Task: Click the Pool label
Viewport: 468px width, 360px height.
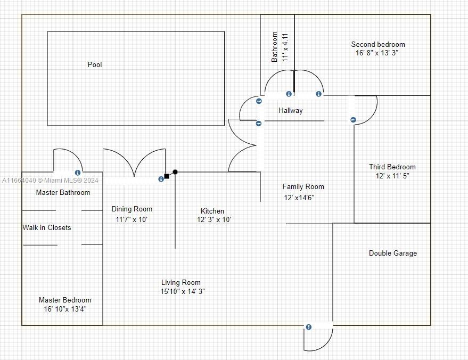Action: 95,64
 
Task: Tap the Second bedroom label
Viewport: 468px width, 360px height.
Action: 378,44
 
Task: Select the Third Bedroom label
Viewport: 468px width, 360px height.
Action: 392,167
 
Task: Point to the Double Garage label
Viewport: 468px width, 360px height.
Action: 393,253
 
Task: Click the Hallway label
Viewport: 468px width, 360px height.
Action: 291,110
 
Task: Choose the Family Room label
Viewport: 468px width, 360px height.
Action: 303,186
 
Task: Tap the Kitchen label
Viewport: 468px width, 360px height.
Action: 212,211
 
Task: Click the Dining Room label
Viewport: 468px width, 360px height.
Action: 132,209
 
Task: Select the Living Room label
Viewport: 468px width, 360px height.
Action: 181,282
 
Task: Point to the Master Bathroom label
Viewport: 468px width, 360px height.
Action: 63,192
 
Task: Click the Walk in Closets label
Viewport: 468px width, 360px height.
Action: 47,227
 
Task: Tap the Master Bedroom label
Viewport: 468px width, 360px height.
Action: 65,300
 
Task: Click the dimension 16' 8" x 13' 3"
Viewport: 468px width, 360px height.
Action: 377,53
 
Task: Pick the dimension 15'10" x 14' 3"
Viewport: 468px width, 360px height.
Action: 183,291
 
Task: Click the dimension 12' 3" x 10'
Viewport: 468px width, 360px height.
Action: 214,219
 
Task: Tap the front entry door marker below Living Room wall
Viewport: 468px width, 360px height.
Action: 309,327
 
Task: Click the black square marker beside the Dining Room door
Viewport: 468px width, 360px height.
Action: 167,176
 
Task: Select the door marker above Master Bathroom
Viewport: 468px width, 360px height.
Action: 78,173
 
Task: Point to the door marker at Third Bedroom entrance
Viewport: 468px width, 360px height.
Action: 353,120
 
